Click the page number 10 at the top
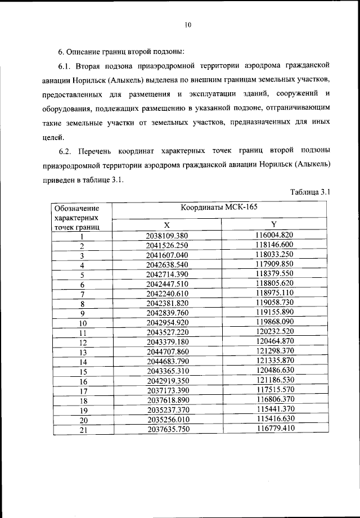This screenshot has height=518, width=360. [x=188, y=24]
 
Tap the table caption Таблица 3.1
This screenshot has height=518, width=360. [x=310, y=192]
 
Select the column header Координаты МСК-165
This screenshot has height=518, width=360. [x=219, y=208]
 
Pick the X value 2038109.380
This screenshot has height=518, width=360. [x=166, y=235]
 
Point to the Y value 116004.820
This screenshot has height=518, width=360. [x=274, y=235]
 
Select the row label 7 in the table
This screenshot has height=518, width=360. [x=82, y=294]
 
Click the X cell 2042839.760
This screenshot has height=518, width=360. [x=166, y=313]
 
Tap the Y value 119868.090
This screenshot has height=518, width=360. [x=274, y=323]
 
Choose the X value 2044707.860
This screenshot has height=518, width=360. [x=166, y=352]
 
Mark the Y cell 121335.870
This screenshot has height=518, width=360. [x=274, y=362]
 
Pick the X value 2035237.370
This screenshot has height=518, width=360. [x=166, y=410]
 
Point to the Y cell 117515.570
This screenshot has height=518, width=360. [x=274, y=391]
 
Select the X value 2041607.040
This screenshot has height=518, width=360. [x=166, y=255]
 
